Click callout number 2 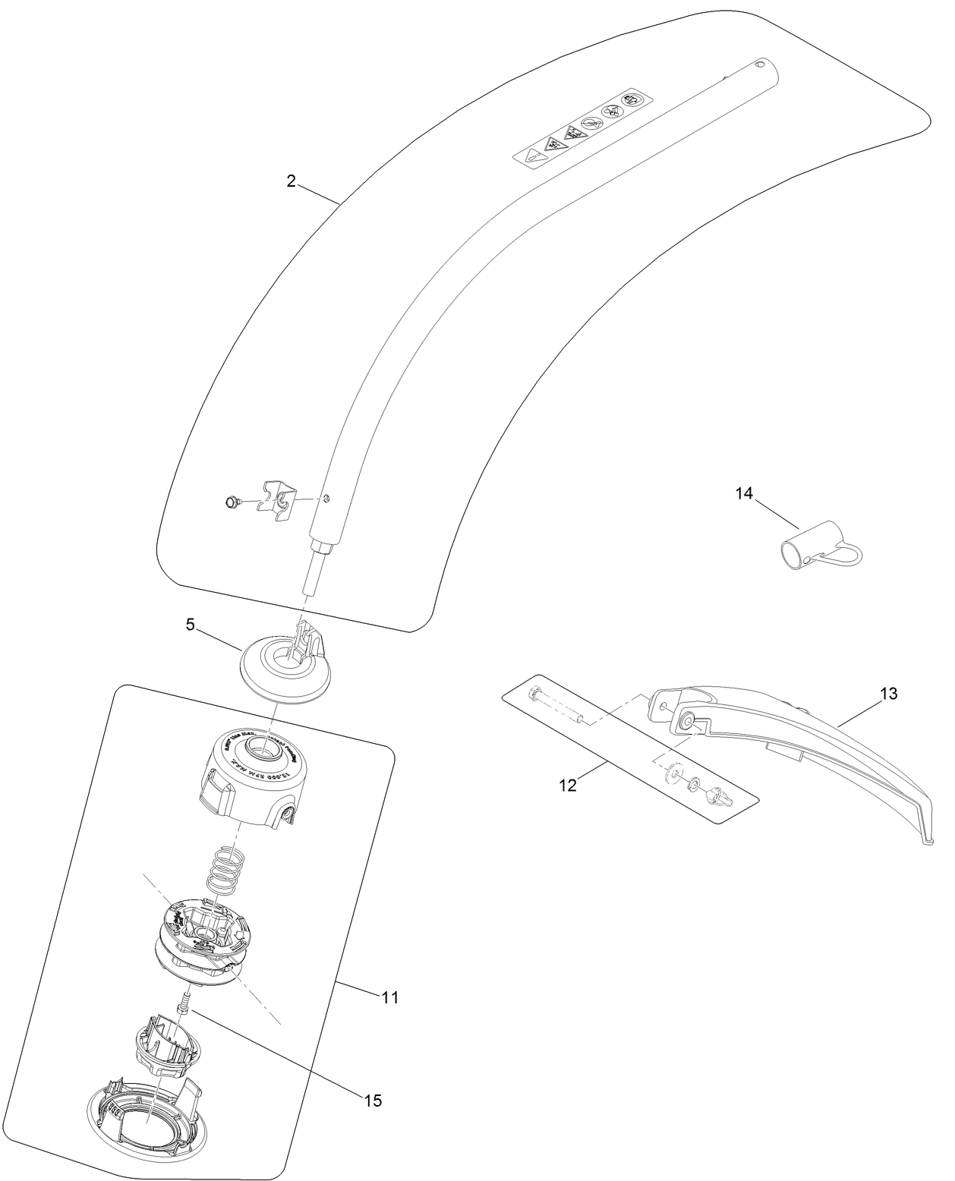pyautogui.click(x=291, y=181)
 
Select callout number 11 pyautogui.click(x=389, y=997)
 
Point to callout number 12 pyautogui.click(x=568, y=785)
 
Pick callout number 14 pyautogui.click(x=743, y=493)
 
